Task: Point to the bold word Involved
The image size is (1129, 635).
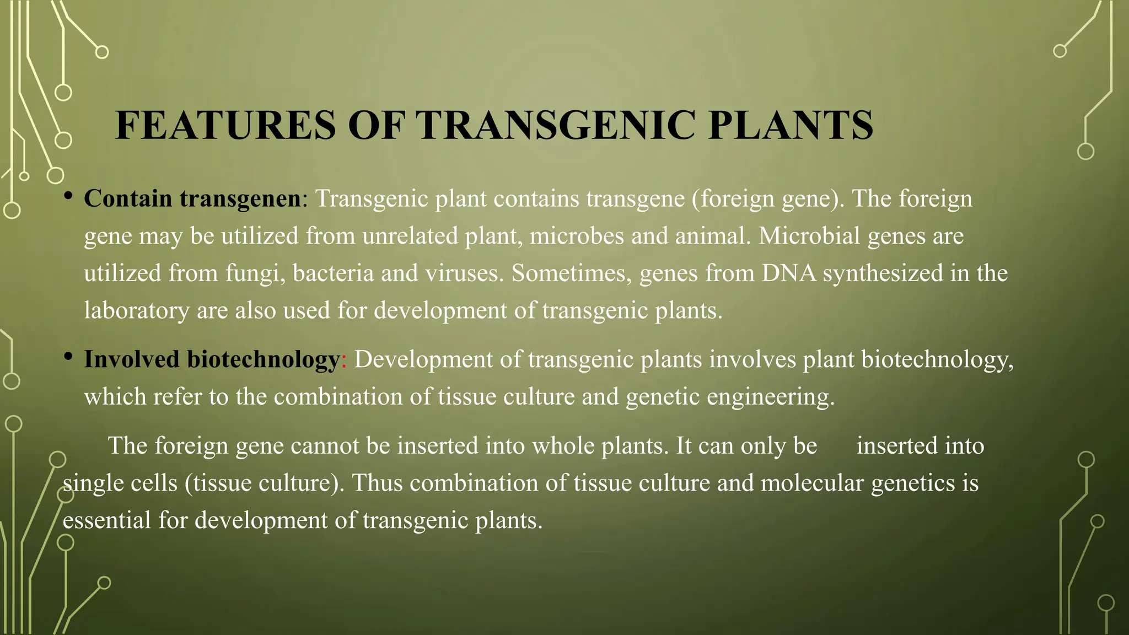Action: (x=132, y=359)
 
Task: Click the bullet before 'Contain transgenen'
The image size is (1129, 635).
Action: (x=68, y=196)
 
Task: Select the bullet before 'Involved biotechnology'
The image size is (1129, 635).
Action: (x=68, y=357)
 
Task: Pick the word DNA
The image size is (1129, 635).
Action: (x=788, y=273)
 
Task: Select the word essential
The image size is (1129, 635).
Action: (x=106, y=520)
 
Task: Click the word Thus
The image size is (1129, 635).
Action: (x=377, y=483)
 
